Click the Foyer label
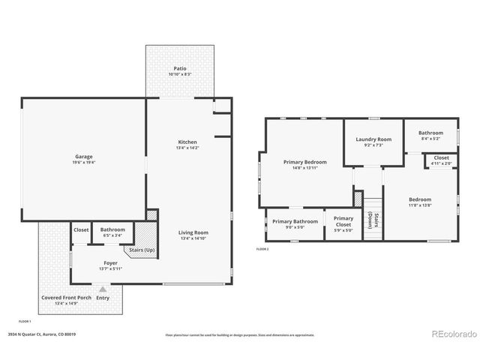[x=109, y=263]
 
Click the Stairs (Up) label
[x=142, y=249]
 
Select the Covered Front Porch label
[x=66, y=298]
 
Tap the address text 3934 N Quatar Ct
[x=42, y=334]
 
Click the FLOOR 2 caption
[x=262, y=248]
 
